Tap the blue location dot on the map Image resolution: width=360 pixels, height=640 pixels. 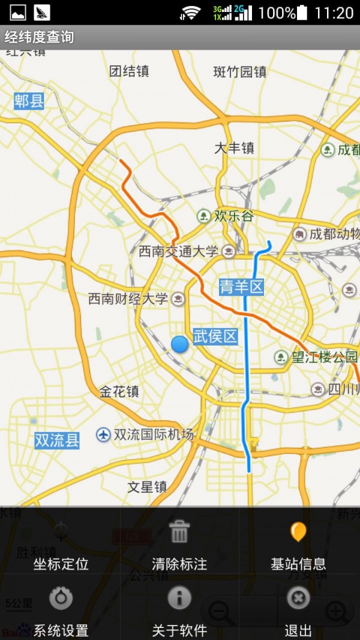pos(179,344)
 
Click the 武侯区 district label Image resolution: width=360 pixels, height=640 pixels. pos(215,336)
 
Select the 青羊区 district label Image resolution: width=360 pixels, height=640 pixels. pos(241,287)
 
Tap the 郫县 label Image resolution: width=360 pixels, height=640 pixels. pos(29,101)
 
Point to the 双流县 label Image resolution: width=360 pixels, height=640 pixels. pos(57,441)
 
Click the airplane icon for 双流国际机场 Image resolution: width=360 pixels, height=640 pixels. pos(104,434)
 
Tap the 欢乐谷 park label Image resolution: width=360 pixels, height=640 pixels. pos(234,216)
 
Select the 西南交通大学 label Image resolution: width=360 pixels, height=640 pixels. pos(179,251)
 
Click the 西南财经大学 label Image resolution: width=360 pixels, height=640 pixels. pos(128,298)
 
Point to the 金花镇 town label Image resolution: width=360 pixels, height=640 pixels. pos(119,392)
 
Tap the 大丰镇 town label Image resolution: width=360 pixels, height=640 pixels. pos(235,148)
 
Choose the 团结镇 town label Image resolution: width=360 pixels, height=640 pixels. pos(129,71)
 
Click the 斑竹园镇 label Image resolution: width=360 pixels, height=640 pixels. pos(240,72)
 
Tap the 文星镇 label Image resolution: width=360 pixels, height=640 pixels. pos(147,487)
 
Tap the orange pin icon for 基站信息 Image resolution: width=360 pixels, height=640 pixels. pos(298,532)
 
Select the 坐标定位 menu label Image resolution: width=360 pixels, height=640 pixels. pos(61,564)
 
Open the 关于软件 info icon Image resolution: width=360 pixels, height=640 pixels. pos(179,598)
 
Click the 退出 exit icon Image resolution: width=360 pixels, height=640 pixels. pos(298,598)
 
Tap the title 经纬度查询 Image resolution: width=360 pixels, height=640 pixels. pos(40,37)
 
